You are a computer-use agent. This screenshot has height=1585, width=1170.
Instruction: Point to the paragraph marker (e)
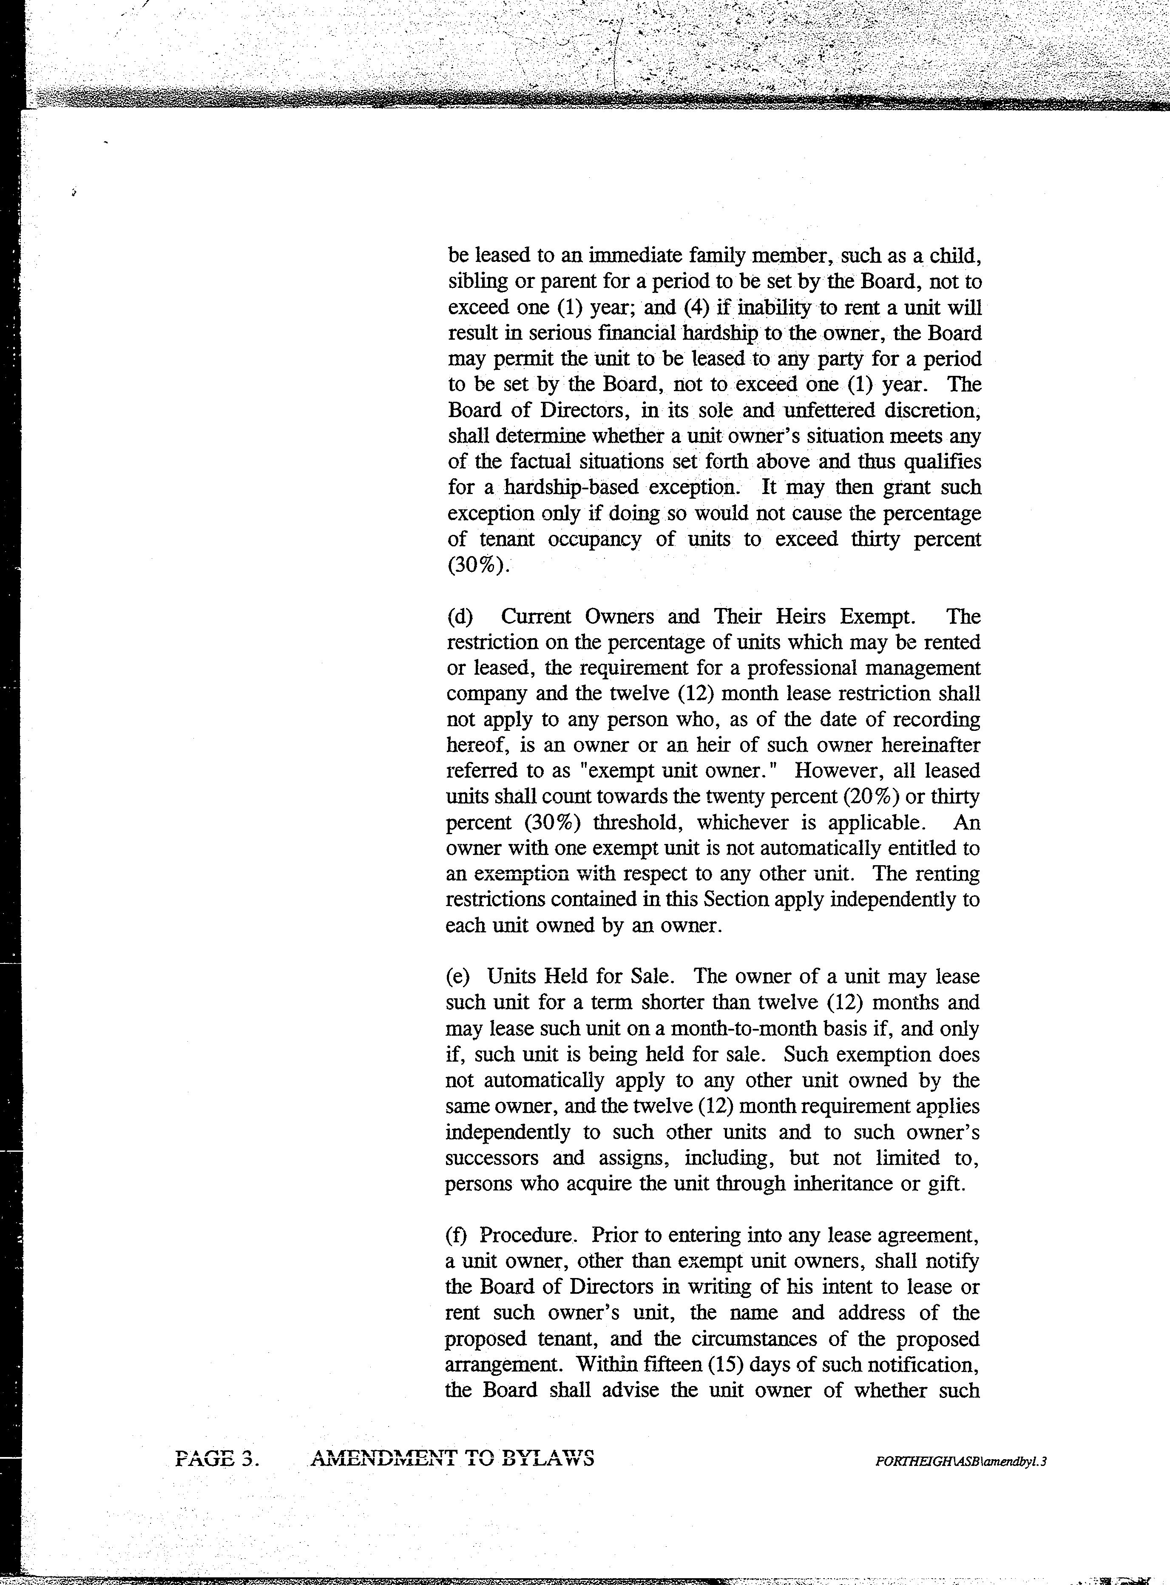point(459,977)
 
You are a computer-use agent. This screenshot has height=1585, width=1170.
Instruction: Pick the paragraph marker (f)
point(458,1235)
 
